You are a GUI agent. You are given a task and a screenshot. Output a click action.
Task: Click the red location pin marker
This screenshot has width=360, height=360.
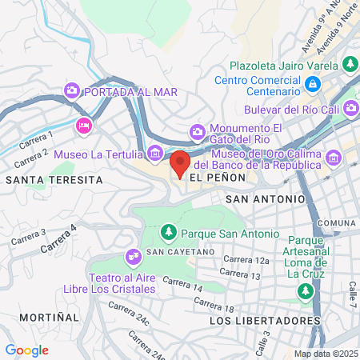181,164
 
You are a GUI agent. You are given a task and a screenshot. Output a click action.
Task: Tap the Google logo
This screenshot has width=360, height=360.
26,350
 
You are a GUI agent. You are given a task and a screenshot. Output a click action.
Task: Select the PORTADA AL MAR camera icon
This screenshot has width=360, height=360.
72,90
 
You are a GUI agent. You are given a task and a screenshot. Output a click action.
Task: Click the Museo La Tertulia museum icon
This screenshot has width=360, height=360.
155,153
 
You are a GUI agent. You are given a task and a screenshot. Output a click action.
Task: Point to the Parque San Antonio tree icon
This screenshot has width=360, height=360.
169,233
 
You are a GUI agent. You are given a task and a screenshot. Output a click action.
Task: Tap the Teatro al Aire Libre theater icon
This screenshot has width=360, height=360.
133,258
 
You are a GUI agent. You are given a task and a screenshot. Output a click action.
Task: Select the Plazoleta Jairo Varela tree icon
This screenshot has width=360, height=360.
349,63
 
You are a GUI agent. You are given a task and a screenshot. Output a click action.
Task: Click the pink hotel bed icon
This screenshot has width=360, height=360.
83,126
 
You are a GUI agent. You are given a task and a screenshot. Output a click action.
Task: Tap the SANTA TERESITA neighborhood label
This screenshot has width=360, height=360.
54,180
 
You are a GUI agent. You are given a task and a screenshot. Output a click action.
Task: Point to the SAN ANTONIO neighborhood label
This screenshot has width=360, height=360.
265,198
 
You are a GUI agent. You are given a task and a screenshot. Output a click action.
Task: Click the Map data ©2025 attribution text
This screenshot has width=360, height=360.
326,354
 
